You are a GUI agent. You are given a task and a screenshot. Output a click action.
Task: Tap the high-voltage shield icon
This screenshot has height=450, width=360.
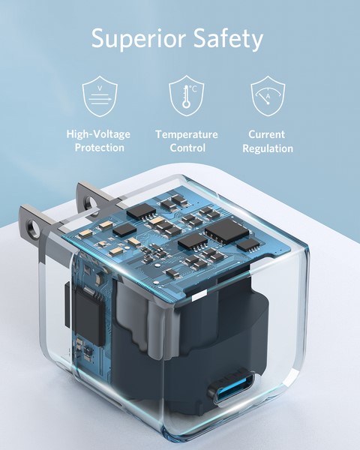[x=99, y=95]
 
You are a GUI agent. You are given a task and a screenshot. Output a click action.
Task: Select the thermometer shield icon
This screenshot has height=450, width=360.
[x=186, y=95]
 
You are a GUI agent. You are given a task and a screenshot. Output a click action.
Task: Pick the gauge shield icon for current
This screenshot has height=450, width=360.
[x=268, y=95]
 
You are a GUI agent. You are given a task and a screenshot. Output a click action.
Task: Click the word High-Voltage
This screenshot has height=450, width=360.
[x=98, y=134]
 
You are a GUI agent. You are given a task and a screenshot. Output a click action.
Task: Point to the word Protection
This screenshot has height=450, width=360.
[x=99, y=148]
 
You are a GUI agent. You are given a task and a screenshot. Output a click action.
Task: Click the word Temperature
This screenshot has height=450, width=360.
[x=187, y=134]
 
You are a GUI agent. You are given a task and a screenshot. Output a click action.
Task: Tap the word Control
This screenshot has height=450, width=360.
[x=187, y=148]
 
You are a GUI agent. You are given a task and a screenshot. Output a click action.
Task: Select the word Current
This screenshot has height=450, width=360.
[x=268, y=134]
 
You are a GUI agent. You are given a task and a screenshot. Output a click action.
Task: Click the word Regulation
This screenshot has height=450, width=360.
[x=268, y=148]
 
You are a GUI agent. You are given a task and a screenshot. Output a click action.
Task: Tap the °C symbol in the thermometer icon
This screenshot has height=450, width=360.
[x=193, y=89]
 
